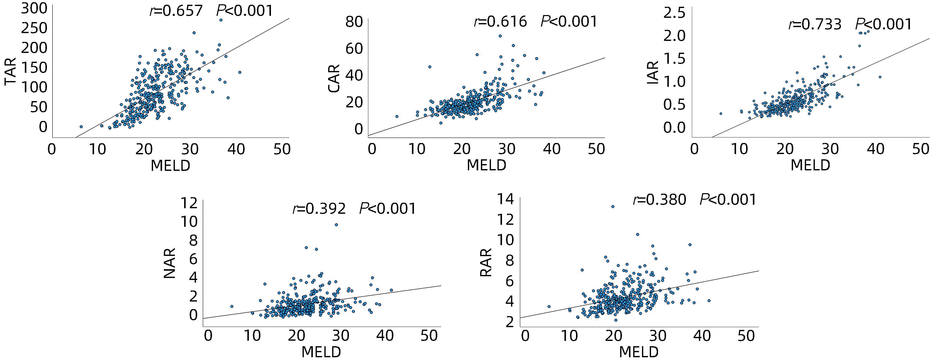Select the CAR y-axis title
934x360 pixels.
(334, 78)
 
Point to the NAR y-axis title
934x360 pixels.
(170, 263)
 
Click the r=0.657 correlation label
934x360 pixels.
(176, 11)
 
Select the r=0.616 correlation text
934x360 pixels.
(500, 22)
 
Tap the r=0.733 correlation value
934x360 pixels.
(815, 24)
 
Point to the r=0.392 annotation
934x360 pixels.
(319, 209)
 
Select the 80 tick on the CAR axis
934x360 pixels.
(354, 22)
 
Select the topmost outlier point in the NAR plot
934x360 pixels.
(336, 225)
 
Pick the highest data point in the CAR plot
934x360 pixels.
(500, 36)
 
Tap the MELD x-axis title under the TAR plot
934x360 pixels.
(170, 166)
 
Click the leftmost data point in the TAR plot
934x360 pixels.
(81, 126)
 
